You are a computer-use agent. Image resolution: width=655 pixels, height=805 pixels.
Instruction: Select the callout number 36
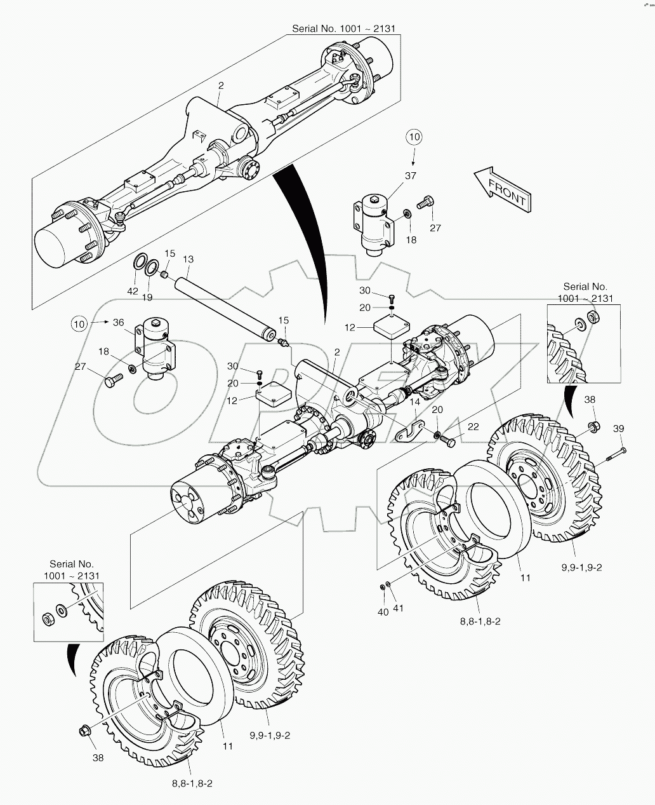point(119,323)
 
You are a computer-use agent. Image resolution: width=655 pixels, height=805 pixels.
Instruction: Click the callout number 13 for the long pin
point(188,259)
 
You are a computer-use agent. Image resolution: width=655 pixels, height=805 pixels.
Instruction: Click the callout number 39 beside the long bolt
point(618,429)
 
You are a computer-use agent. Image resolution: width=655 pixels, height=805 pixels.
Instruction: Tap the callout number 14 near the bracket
point(415,402)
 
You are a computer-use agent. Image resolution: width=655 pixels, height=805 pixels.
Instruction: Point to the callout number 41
point(399,609)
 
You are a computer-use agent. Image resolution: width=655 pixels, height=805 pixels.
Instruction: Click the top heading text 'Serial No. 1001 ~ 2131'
point(347,29)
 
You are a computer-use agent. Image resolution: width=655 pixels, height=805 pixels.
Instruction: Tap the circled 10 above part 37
point(413,137)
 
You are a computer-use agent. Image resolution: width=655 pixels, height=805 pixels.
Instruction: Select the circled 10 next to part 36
point(79,323)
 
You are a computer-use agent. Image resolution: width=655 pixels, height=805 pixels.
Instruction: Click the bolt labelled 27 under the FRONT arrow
point(425,203)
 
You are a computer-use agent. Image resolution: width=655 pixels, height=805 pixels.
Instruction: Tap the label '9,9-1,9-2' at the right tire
point(581,567)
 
